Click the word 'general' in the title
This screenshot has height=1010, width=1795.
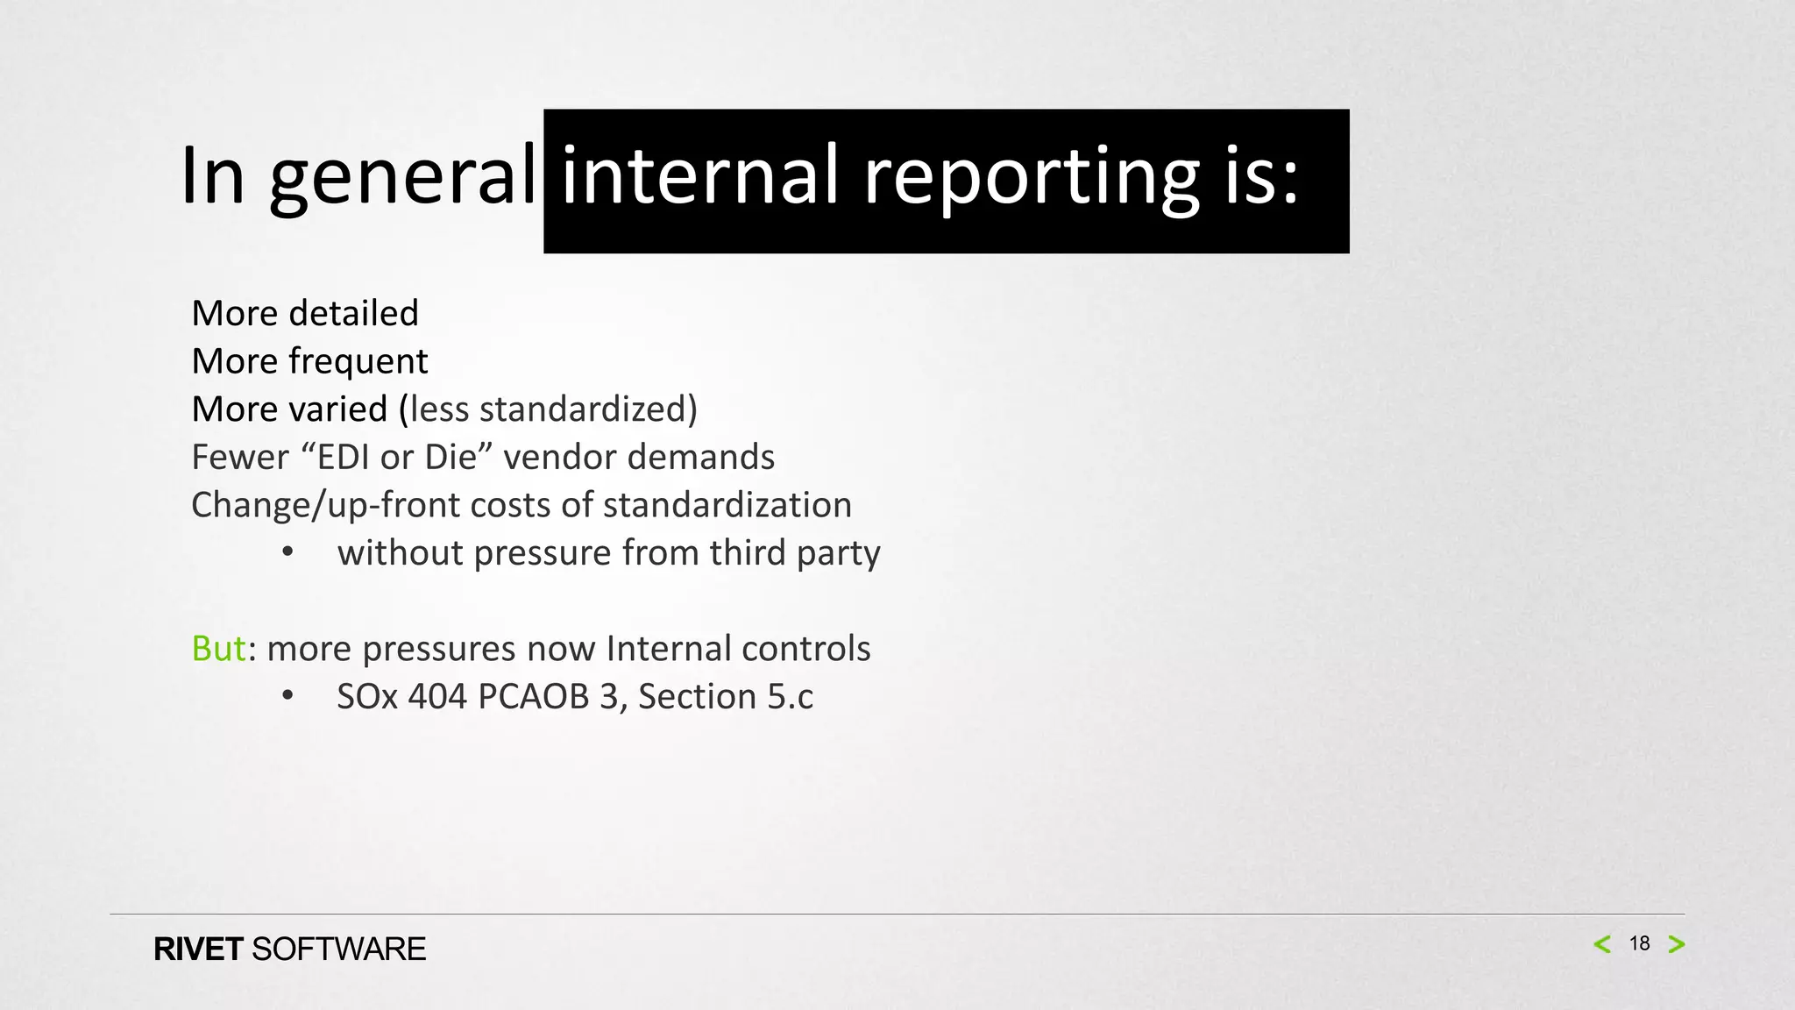point(402,177)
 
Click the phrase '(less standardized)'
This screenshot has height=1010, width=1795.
point(549,409)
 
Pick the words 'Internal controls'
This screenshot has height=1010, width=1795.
point(738,649)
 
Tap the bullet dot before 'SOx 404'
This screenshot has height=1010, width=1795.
point(287,696)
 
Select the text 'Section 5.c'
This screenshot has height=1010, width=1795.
point(726,696)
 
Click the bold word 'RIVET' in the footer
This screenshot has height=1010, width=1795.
point(198,950)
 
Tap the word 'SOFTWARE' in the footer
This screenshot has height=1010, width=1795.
point(338,950)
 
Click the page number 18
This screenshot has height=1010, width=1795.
point(1639,943)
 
